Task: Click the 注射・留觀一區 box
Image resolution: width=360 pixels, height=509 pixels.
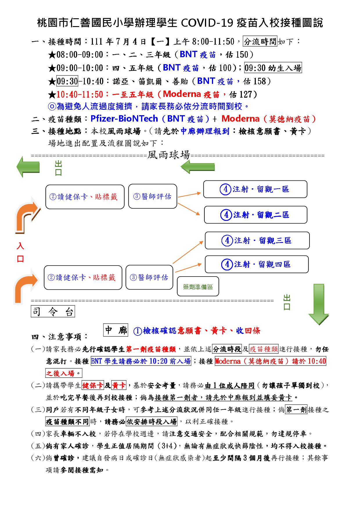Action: pos(255,189)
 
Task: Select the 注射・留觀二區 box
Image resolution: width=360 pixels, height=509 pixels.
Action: pos(255,215)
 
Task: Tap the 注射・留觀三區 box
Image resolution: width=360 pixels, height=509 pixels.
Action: pos(257,240)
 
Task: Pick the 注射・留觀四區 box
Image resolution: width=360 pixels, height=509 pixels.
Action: pos(257,264)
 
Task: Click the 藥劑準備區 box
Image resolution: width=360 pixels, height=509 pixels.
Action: pos(198,286)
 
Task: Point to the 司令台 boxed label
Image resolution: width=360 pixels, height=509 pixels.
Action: pos(53,312)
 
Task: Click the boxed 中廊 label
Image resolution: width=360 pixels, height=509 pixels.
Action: pos(116,330)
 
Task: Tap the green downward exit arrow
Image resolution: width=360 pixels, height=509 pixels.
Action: pos(318,304)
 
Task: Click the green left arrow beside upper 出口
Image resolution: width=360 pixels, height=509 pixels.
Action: pos(28,167)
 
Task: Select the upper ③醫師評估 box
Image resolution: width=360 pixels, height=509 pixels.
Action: pos(153,196)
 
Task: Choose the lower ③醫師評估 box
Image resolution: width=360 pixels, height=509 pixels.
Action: pos(149,277)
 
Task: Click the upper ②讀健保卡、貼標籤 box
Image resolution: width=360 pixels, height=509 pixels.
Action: pos(85,197)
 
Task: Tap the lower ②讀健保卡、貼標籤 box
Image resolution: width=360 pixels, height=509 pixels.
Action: pos(83,277)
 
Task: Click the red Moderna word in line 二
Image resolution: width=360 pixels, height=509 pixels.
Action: pos(240,119)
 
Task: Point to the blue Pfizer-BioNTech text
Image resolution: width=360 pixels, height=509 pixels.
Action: pos(124,119)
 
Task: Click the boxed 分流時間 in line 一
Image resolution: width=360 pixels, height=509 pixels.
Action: pos(260,42)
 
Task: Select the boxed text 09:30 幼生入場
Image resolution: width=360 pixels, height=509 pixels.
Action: pos(273,68)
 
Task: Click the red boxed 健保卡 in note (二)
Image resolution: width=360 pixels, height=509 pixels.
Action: pos(93,385)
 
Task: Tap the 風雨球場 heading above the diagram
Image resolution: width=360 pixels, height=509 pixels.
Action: pos(169,155)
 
